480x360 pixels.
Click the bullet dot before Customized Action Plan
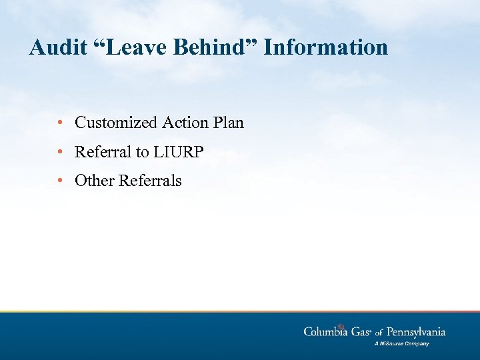[x=61, y=123]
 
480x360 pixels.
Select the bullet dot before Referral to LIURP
[x=61, y=152]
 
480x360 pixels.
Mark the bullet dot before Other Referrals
[x=61, y=181]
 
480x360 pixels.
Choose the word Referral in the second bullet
[x=103, y=152]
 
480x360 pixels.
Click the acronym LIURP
[x=179, y=152]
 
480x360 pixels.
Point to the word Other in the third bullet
[x=95, y=181]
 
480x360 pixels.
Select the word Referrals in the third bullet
[x=151, y=181]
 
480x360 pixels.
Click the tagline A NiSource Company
[x=401, y=344]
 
